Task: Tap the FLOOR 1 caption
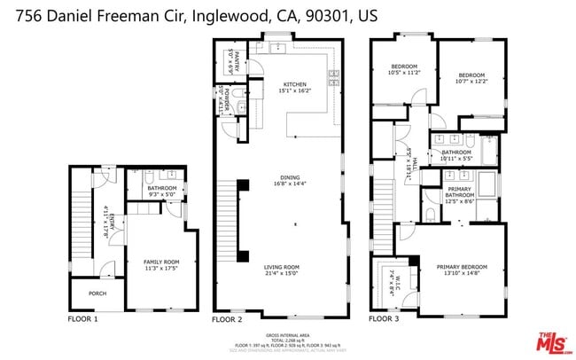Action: coord(83,317)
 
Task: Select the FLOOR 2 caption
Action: coord(228,317)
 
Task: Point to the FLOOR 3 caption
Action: coord(385,317)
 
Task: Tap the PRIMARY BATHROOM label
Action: coord(458,192)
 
